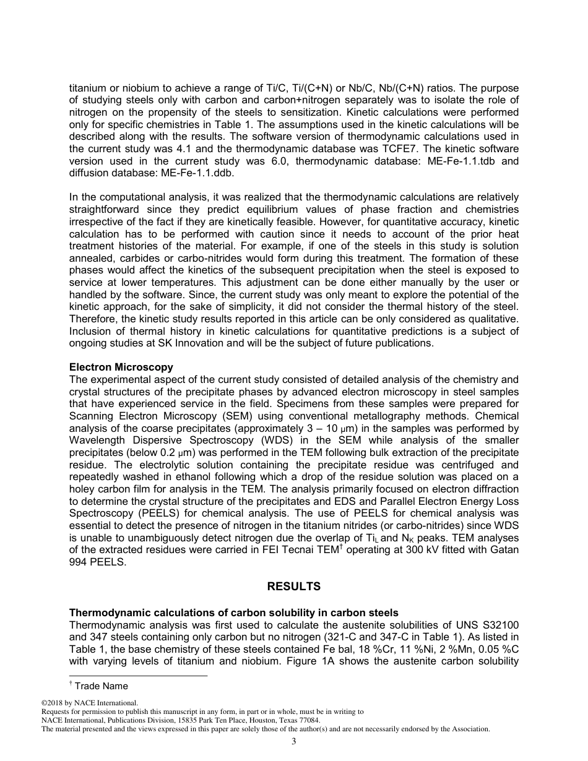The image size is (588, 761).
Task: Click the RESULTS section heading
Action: (x=294, y=587)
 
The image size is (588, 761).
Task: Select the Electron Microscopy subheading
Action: (x=121, y=368)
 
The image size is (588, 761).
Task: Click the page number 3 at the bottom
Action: (x=294, y=741)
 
